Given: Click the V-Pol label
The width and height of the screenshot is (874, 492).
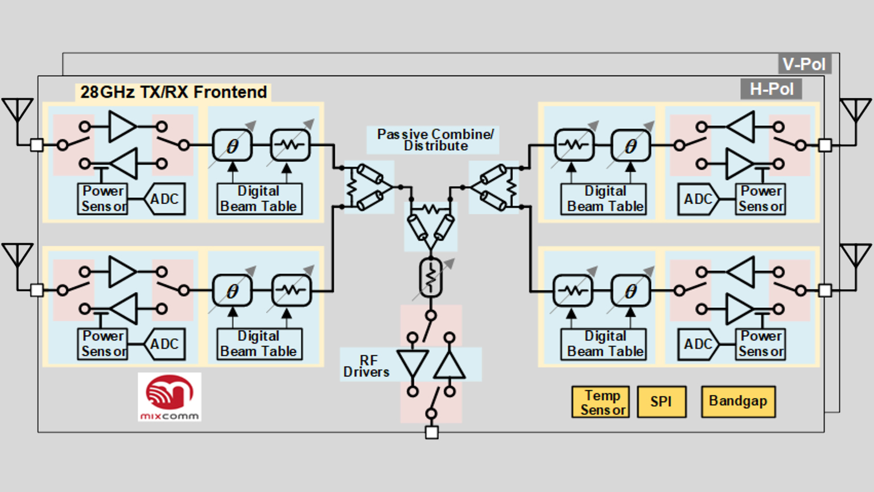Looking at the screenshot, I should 804,64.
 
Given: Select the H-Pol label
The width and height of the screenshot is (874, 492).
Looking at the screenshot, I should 771,89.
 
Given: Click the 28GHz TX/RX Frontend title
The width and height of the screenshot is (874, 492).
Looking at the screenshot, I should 173,92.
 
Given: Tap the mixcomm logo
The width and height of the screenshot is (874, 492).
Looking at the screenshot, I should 170,397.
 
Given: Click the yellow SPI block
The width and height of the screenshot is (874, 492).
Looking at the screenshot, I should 661,401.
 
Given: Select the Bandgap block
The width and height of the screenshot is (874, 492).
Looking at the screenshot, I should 738,401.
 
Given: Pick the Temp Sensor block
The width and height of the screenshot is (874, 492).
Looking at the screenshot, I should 601,402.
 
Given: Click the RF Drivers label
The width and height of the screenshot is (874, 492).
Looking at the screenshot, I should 366,366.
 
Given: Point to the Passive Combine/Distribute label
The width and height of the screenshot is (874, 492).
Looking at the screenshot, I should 435,140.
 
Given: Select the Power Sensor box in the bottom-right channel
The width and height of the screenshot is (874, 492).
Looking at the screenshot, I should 761,344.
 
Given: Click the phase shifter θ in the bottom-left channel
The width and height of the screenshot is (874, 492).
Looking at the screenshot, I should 232,291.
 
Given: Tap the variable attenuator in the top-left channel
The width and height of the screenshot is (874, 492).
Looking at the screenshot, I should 290,145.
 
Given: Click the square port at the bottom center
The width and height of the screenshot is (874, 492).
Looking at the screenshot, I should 432,433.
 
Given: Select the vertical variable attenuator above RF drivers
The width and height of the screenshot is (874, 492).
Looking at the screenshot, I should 431,277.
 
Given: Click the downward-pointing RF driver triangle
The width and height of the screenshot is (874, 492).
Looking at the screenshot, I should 413,364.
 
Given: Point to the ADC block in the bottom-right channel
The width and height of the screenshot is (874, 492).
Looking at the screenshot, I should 698,344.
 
